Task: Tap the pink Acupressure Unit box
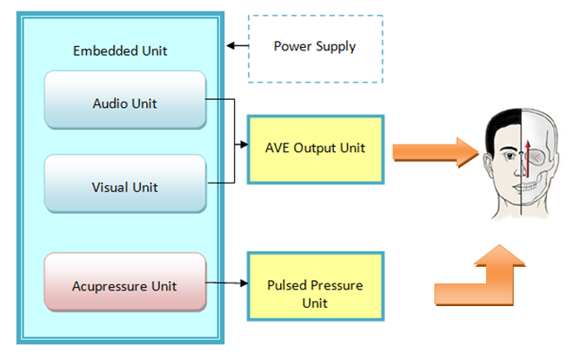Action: point(125,283)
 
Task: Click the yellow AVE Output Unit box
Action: point(316,148)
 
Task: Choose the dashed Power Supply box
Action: point(315,48)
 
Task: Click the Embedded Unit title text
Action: point(120,50)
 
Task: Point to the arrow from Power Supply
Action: point(236,45)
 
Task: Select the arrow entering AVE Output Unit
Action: point(242,141)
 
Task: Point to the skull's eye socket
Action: point(539,157)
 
